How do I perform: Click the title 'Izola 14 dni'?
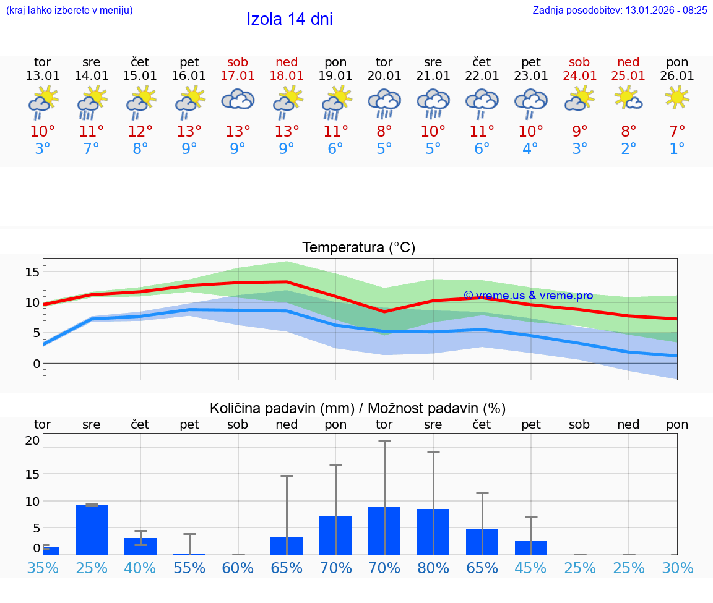(x=290, y=19)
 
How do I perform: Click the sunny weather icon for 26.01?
(x=677, y=97)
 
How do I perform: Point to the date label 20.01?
(x=384, y=76)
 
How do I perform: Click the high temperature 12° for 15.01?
(x=140, y=132)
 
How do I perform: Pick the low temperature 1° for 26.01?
(x=677, y=149)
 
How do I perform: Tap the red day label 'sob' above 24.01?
(x=579, y=62)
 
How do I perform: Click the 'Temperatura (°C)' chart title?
(x=358, y=248)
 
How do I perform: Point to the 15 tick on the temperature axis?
(x=32, y=272)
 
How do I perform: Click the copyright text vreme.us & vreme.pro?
(x=528, y=296)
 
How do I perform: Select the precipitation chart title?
(x=358, y=408)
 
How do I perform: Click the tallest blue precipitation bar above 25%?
(x=92, y=529)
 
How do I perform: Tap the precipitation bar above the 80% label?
(x=433, y=532)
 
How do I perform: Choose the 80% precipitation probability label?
(x=433, y=568)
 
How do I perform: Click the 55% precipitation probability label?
(x=189, y=568)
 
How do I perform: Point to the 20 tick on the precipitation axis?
(x=32, y=440)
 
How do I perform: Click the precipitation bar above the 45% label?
(x=531, y=548)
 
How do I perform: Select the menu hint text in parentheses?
(x=69, y=10)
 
